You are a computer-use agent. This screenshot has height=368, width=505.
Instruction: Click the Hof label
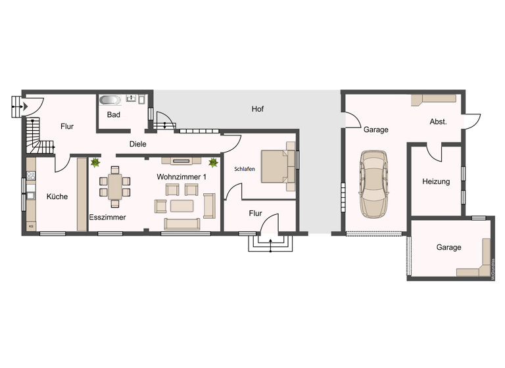click(x=257, y=109)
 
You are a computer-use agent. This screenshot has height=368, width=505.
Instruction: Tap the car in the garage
click(x=373, y=184)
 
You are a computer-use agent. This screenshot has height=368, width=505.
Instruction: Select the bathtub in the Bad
click(x=110, y=101)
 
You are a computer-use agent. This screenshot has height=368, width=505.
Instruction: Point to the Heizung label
click(x=436, y=181)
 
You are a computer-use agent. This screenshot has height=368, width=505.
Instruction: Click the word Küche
click(x=57, y=196)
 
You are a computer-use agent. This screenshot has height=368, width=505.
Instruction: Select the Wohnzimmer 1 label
click(x=182, y=177)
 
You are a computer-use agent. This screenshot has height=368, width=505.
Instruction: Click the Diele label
click(x=137, y=144)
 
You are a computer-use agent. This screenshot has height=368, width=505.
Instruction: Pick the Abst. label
click(x=438, y=122)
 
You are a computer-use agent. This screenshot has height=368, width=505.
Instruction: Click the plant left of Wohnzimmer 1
click(x=96, y=162)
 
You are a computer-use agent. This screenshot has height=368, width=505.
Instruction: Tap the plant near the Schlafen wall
click(x=212, y=162)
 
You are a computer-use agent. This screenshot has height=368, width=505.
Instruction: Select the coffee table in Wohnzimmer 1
click(x=182, y=206)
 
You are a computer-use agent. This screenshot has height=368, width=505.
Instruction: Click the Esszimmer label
click(x=107, y=217)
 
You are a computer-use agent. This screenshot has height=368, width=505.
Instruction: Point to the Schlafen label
click(x=244, y=169)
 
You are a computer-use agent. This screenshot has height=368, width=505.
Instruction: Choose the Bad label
click(x=113, y=115)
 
